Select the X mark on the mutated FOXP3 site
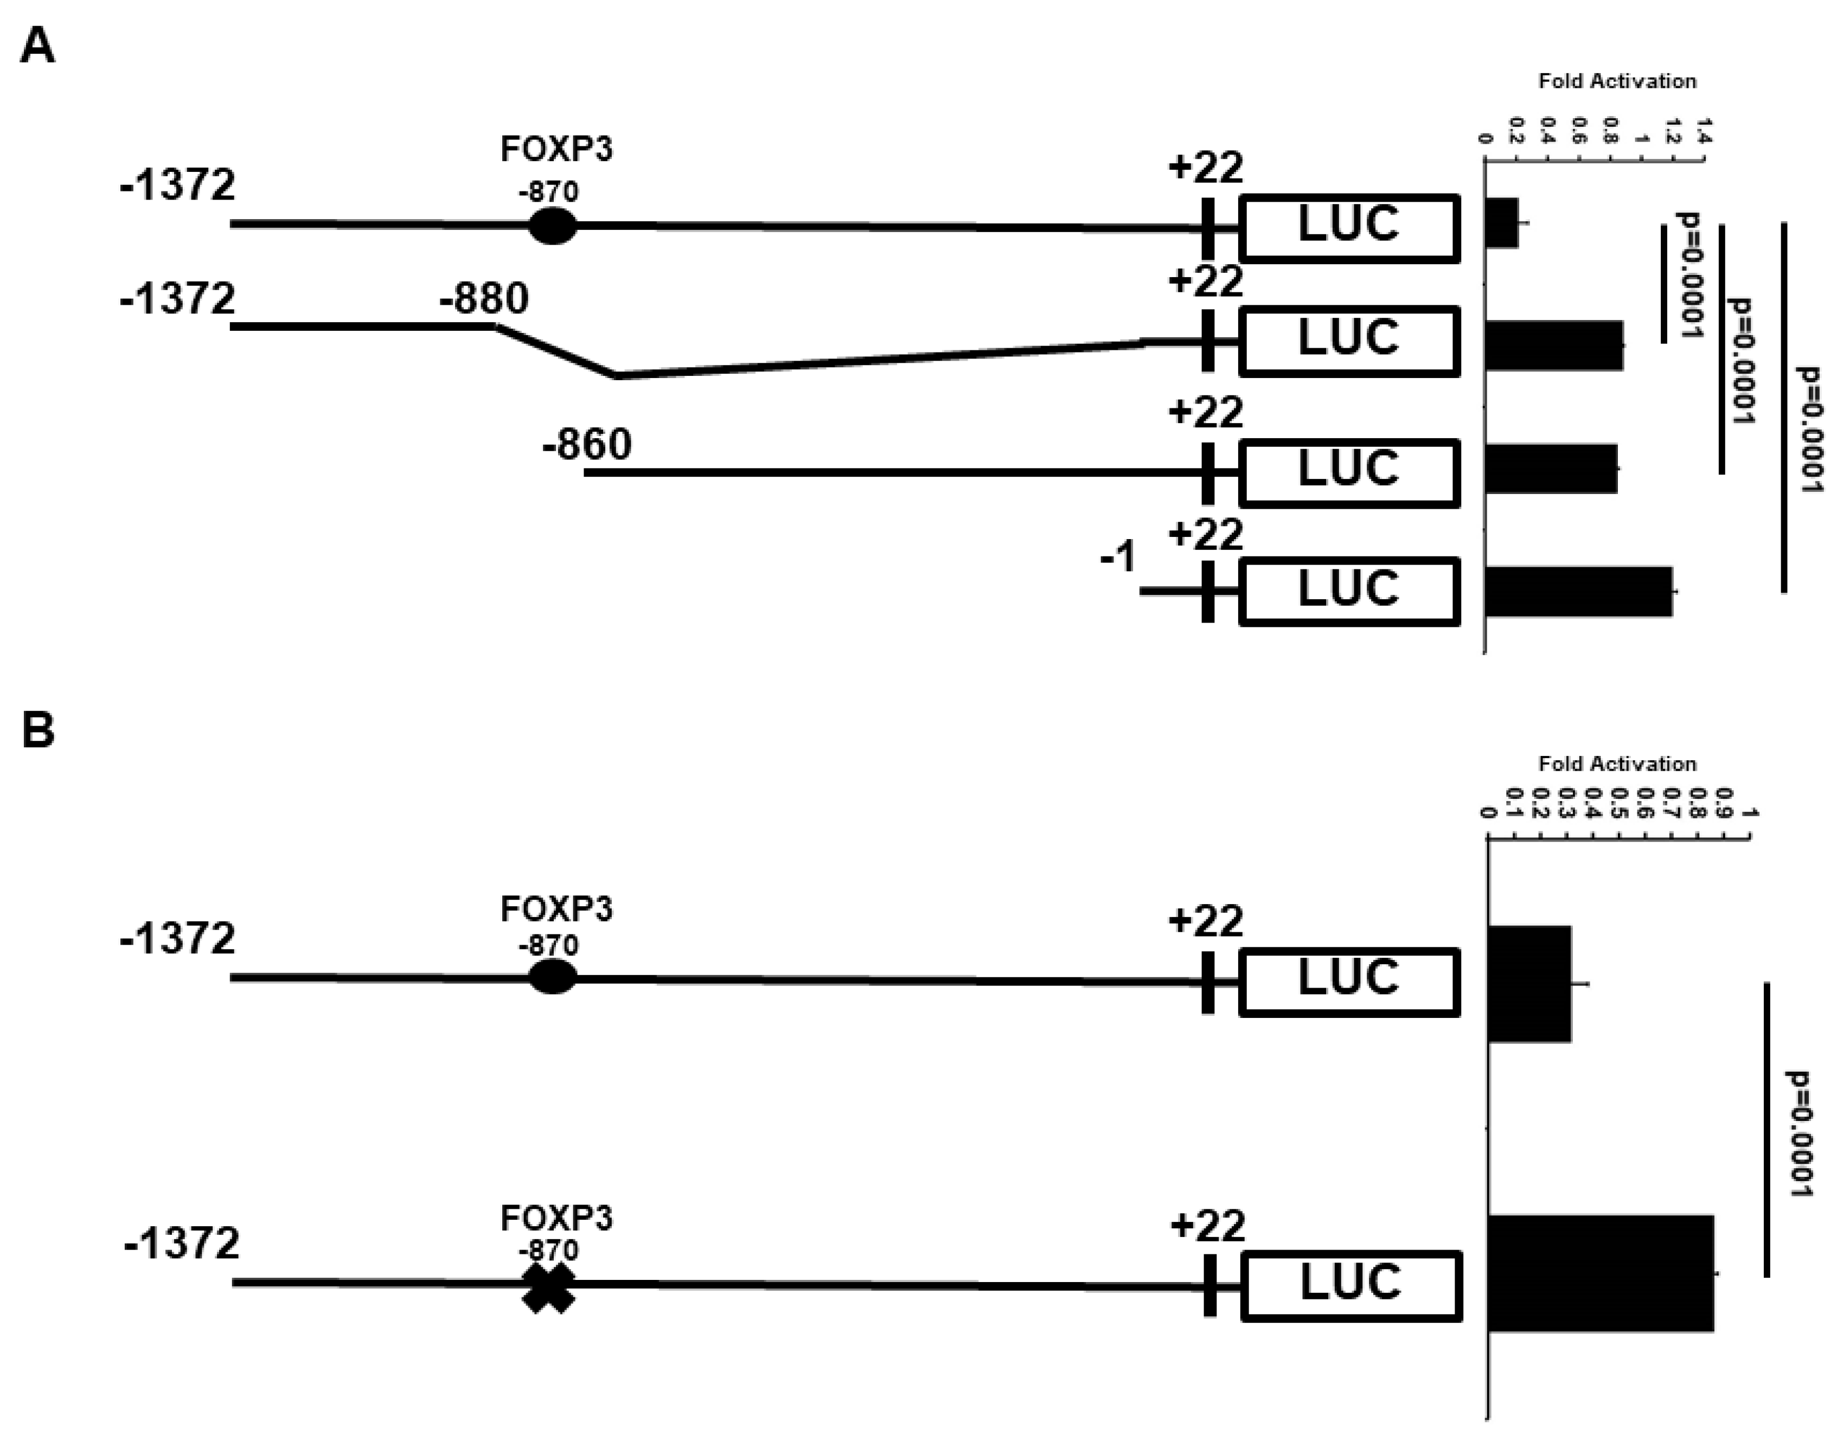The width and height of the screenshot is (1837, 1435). pyautogui.click(x=548, y=1287)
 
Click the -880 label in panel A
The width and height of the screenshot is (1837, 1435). pyautogui.click(x=484, y=298)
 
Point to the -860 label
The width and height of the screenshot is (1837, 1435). pyautogui.click(x=586, y=444)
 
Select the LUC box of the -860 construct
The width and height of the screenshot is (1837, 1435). pyautogui.click(x=1349, y=473)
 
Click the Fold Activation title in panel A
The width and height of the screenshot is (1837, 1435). pyautogui.click(x=1617, y=81)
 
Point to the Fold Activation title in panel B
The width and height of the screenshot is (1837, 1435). pyautogui.click(x=1617, y=764)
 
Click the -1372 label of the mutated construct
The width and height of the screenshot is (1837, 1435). pyautogui.click(x=182, y=1242)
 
